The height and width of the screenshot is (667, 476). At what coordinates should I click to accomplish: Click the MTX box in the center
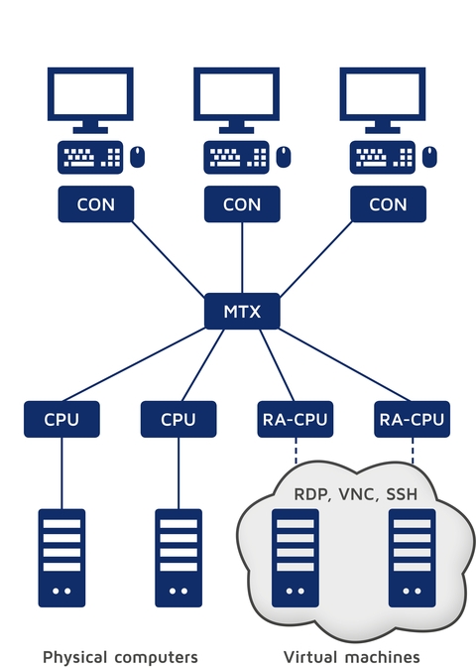(242, 312)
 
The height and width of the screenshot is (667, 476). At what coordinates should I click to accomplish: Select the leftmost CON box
(95, 204)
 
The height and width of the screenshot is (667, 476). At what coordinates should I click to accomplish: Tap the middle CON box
(242, 204)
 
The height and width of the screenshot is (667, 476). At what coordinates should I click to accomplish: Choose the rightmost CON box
(388, 204)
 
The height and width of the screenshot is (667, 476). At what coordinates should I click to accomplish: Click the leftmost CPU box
(61, 419)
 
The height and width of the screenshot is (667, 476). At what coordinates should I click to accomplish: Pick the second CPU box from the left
(178, 419)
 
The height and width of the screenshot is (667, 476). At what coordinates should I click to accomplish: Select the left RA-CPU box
(294, 419)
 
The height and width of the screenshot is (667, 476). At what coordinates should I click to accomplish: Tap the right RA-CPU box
(411, 419)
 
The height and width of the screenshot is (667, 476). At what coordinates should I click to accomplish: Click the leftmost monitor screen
(90, 95)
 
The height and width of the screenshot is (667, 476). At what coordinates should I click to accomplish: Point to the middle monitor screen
(236, 95)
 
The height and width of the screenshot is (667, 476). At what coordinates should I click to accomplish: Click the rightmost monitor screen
(382, 95)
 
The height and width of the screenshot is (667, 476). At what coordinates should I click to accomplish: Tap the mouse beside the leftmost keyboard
(138, 156)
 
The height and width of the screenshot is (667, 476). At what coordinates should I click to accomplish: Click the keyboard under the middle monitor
(236, 157)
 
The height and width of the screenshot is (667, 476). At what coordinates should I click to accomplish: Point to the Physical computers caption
(120, 656)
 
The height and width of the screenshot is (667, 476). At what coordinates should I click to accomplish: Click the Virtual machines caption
(352, 656)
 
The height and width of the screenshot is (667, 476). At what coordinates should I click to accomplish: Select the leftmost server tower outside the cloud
(61, 558)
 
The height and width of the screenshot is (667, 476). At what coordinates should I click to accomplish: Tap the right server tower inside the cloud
(411, 558)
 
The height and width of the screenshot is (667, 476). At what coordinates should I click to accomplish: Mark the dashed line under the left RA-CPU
(294, 453)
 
